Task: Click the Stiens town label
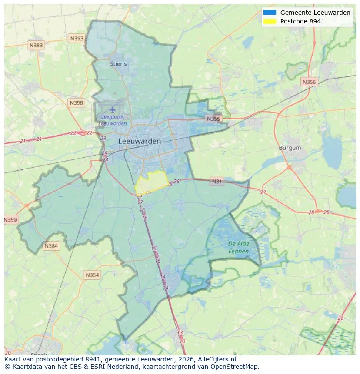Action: (x=118, y=64)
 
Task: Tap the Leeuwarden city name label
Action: (x=140, y=142)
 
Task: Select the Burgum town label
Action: (x=290, y=148)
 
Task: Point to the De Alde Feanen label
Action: (x=239, y=248)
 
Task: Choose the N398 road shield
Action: (x=76, y=103)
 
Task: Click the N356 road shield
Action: (x=309, y=82)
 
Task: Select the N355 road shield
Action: (x=213, y=119)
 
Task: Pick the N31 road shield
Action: (x=217, y=182)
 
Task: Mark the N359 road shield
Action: (x=10, y=220)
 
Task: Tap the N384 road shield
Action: (x=51, y=246)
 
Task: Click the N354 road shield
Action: (x=92, y=275)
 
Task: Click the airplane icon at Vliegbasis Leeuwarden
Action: (x=113, y=109)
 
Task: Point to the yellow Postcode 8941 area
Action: (x=152, y=182)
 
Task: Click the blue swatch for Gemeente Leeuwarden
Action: (x=270, y=13)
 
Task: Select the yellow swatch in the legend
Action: (x=270, y=21)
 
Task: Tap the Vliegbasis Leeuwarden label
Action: (x=113, y=120)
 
